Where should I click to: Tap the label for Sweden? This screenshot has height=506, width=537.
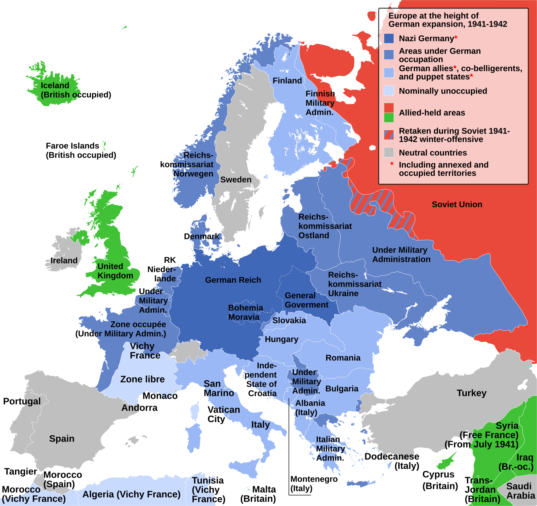(x=236, y=180)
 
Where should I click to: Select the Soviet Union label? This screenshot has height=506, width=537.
(x=457, y=204)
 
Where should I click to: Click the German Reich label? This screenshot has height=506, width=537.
(x=233, y=280)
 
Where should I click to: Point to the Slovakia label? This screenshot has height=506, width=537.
(x=289, y=321)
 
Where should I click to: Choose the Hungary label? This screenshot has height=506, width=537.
(x=282, y=339)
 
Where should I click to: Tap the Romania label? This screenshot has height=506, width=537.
(x=343, y=358)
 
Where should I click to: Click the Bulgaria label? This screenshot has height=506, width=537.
(x=342, y=389)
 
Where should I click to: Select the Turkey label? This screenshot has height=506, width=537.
(x=471, y=393)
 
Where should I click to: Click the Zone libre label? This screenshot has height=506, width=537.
(x=142, y=379)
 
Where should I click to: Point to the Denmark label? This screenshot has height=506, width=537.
(x=202, y=236)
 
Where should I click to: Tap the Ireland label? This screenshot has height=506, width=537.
(x=64, y=261)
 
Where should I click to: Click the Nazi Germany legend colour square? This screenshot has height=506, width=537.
(x=389, y=39)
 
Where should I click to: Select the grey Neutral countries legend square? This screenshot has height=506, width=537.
(x=389, y=152)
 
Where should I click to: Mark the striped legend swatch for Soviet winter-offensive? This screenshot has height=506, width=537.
(x=389, y=135)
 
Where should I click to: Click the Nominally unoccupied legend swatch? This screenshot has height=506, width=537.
(x=389, y=90)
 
